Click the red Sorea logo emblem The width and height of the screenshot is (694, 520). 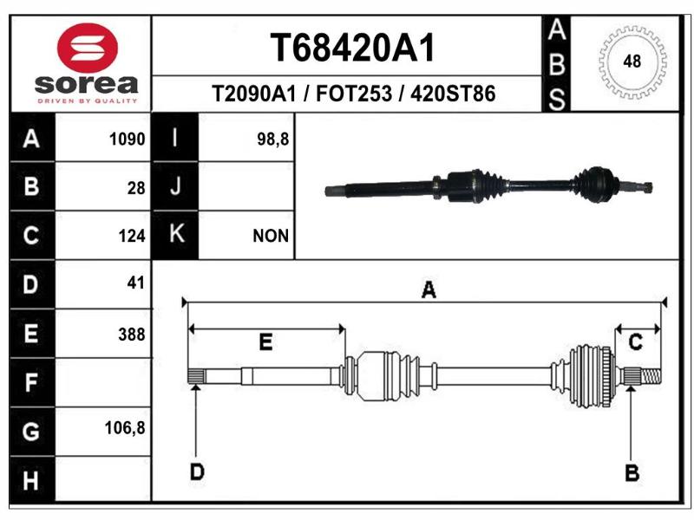(88, 48)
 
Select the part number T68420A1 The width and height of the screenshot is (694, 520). (353, 48)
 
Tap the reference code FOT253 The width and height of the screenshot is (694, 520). (354, 94)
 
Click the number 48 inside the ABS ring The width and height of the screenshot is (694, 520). (632, 61)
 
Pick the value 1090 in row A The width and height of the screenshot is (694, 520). (127, 140)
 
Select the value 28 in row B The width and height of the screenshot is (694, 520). (136, 188)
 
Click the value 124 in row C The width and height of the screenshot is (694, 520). (132, 236)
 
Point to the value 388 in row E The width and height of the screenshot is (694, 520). (132, 335)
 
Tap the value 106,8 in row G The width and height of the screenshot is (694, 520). (125, 428)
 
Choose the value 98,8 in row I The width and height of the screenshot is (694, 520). (272, 140)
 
